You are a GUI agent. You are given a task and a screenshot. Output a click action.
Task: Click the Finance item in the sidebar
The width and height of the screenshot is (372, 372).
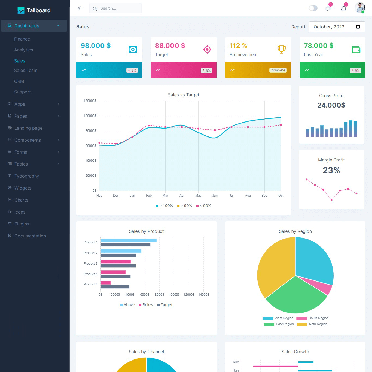click(x=22, y=39)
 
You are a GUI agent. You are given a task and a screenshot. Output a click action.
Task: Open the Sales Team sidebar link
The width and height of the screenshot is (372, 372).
click(x=26, y=70)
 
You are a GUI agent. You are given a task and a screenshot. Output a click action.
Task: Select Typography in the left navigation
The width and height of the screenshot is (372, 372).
click(x=26, y=176)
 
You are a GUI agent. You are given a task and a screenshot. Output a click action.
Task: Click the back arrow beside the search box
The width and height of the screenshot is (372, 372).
click(x=80, y=8)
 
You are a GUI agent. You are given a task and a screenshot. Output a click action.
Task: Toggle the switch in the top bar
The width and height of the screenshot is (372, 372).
click(x=313, y=8)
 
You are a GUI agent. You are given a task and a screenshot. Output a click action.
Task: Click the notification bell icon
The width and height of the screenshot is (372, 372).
click(x=344, y=8)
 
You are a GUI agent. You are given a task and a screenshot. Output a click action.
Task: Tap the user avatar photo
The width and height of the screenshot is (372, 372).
click(x=359, y=8)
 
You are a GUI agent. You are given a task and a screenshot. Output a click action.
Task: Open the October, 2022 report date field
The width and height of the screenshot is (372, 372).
click(x=337, y=27)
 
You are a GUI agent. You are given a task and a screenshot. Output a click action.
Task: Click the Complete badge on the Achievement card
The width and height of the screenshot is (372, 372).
click(x=278, y=70)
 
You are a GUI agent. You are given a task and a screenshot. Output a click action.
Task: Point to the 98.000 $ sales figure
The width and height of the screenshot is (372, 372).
click(x=96, y=45)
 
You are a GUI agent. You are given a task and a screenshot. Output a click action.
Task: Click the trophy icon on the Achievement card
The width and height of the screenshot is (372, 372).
click(x=282, y=49)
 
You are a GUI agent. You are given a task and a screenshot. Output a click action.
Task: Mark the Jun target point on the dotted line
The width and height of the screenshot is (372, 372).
click(x=215, y=130)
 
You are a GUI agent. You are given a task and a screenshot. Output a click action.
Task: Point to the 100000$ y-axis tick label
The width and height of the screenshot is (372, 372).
click(x=90, y=116)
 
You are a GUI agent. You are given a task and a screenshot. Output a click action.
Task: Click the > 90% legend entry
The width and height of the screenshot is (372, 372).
click(x=185, y=206)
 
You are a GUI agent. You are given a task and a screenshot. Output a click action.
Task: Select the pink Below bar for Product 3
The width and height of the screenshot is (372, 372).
click(x=116, y=261)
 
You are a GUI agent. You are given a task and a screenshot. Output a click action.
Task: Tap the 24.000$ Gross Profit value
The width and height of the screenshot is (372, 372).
click(x=331, y=105)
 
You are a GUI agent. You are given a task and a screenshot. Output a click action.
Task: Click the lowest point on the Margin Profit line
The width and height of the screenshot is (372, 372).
click(x=331, y=200)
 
